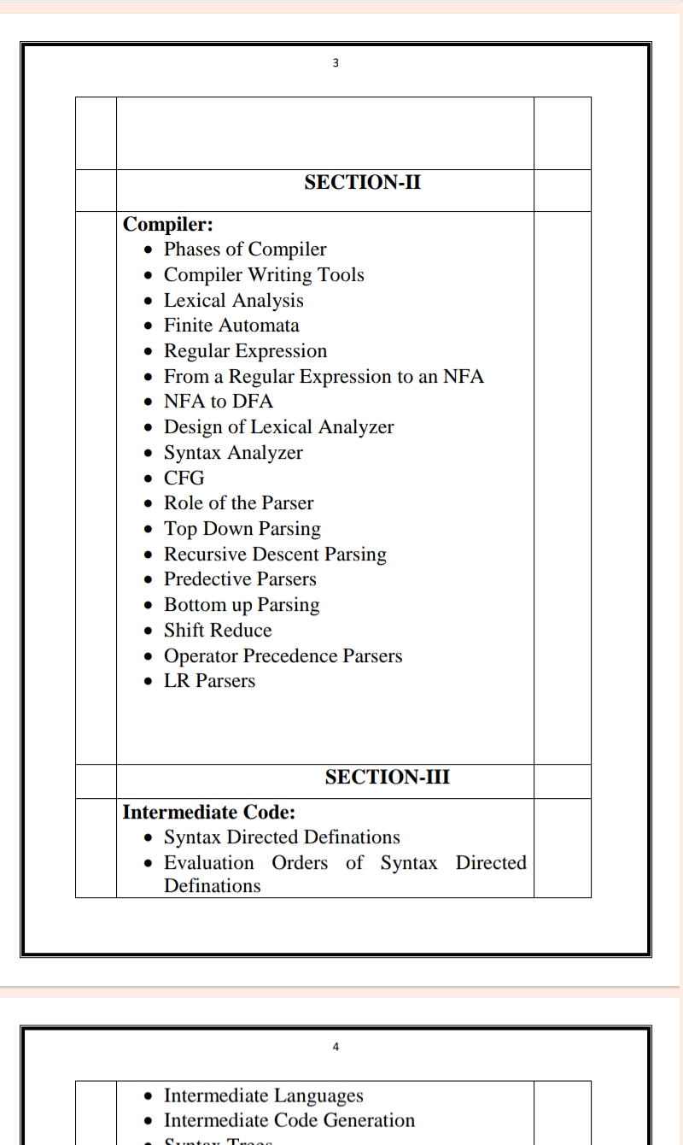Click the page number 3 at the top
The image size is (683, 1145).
pos(336,62)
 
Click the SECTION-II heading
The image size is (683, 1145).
pos(362,182)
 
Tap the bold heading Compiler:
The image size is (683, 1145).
pos(168,225)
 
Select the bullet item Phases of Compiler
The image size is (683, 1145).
pos(245,250)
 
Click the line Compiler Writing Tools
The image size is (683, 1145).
pos(264,275)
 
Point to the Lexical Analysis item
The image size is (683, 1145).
pos(233,301)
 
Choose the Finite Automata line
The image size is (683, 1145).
pos(231,326)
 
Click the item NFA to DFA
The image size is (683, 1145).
pos(219,402)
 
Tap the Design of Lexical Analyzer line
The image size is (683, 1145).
pos(278,427)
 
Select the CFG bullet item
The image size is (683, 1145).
pos(184,478)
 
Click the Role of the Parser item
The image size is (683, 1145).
pos(238,503)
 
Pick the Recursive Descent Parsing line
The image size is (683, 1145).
pos(275,554)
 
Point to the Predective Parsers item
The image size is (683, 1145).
pos(240,579)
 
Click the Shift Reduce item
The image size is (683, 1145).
pos(218,631)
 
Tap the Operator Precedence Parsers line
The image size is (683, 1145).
pos(283,656)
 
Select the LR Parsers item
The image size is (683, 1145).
pos(209,681)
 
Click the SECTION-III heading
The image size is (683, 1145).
pos(388,777)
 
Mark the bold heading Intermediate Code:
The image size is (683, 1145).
pos(209,812)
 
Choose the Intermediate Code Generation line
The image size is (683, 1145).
pos(289,1120)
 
